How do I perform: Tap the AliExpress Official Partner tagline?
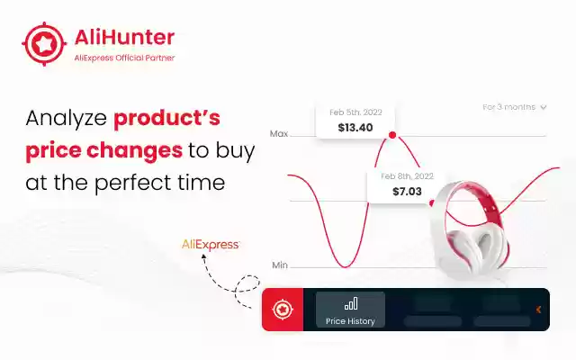122,58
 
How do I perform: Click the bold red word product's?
166,118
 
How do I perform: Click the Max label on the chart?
279,134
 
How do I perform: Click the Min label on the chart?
280,265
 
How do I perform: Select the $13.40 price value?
355,128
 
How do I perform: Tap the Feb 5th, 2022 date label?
355,112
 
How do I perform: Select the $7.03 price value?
407,192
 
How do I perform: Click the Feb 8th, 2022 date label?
407,175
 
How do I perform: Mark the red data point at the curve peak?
391,136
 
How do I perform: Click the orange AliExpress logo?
211,244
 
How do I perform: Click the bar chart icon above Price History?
350,304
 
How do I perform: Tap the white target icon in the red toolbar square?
283,310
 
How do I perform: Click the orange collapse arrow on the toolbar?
538,310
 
